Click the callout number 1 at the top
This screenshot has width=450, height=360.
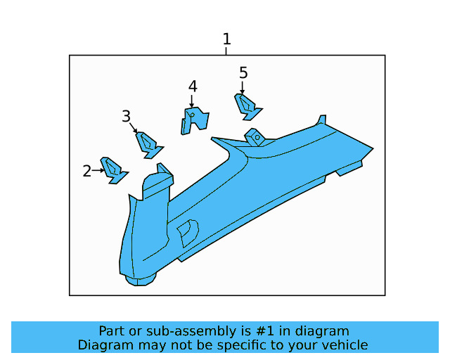tap(226, 39)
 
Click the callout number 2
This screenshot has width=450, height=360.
tap(87, 171)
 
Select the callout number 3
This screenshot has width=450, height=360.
tap(127, 116)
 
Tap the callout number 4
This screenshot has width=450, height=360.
tap(192, 86)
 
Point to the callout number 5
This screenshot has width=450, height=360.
tap(243, 72)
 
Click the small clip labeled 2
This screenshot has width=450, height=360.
tap(113, 169)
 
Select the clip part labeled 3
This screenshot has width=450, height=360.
tap(148, 143)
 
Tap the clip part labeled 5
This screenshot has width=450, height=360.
tap(247, 105)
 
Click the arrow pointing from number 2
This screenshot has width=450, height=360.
tap(98, 170)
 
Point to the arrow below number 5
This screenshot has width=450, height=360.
tap(243, 88)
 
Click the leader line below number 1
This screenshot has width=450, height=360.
tap(226, 51)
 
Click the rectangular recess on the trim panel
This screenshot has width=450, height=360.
tap(186, 233)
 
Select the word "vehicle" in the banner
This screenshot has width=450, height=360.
tap(344, 345)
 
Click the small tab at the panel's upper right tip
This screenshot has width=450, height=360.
tap(321, 120)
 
